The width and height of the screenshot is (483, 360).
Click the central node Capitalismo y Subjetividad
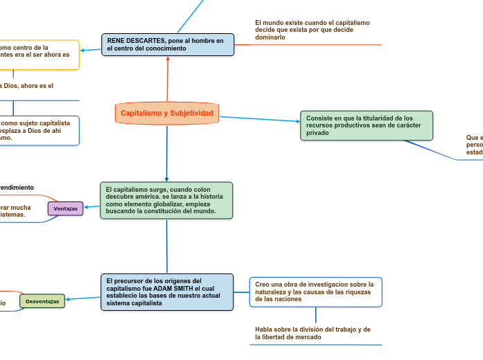point(167,113)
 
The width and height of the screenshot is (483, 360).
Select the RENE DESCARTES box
point(168,44)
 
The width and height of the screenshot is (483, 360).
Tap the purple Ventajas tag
point(65,208)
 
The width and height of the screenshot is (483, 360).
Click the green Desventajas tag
point(42,301)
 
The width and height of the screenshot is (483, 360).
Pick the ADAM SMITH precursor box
point(167,291)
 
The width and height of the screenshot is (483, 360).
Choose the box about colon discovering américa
point(166,200)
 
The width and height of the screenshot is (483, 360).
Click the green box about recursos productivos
point(366,125)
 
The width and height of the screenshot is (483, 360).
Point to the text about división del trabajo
point(313,333)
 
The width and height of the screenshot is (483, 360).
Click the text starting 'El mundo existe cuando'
point(312,30)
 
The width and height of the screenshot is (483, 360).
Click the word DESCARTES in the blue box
point(145,41)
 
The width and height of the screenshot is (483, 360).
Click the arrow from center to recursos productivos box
point(260,119)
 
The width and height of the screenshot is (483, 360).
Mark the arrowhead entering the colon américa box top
point(166,179)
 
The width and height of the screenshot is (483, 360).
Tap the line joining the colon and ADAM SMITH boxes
point(167,246)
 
